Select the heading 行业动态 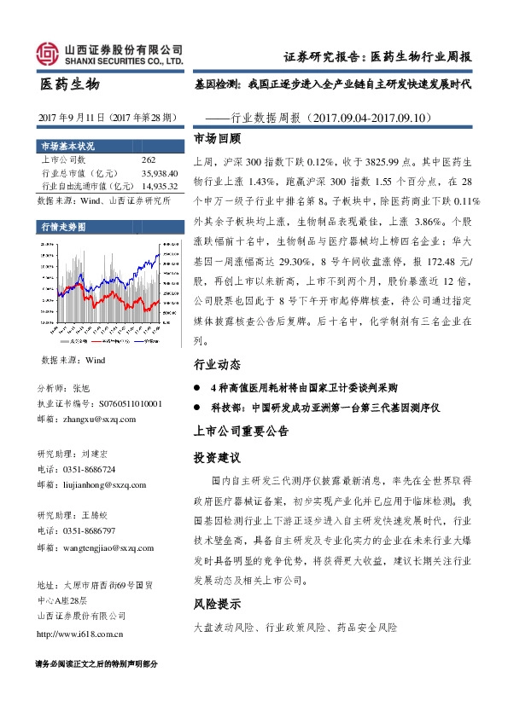218,364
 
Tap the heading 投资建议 218,457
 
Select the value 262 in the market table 149,160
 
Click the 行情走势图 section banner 64,226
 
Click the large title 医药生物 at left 70,84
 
